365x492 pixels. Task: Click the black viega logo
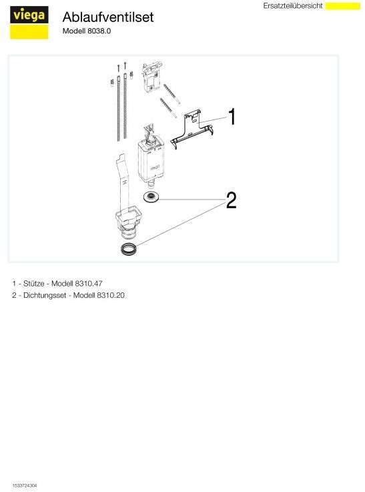click(x=29, y=15)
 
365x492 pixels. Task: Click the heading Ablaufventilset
click(x=108, y=17)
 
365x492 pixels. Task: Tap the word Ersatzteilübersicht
click(x=292, y=6)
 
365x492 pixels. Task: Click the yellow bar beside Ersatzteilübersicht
click(x=343, y=6)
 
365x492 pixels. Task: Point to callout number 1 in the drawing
click(x=232, y=116)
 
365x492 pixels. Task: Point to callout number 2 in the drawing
click(x=231, y=200)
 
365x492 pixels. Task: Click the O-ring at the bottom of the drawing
click(x=129, y=249)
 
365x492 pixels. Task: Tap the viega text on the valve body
click(x=155, y=168)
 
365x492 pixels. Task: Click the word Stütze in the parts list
click(x=33, y=283)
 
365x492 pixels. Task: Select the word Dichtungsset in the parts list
click(x=45, y=295)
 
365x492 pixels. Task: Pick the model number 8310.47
click(x=89, y=283)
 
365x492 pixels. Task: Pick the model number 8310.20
click(x=111, y=295)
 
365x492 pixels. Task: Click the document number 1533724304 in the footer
click(x=25, y=485)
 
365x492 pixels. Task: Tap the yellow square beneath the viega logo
click(x=29, y=31)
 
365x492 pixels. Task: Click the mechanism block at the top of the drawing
click(x=152, y=77)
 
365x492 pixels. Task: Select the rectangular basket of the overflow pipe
click(x=129, y=214)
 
